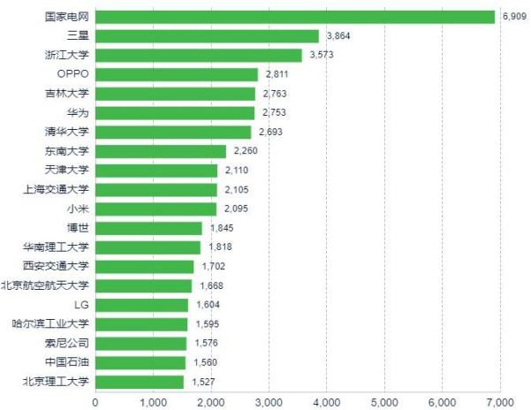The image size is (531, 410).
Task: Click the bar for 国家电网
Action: click(295, 17)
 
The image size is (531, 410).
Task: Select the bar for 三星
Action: click(207, 36)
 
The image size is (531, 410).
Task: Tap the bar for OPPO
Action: click(177, 74)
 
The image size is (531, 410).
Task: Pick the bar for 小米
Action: click(156, 209)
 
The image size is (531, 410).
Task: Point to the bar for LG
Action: click(141, 305)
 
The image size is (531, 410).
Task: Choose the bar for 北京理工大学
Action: click(140, 382)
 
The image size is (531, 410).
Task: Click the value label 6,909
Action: click(513, 17)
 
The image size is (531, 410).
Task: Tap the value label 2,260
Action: click(246, 151)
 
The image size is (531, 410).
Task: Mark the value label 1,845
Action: click(222, 228)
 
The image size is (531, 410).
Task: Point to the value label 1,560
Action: click(205, 362)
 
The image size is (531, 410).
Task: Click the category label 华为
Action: click(78, 113)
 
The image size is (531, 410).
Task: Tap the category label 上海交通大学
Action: click(57, 189)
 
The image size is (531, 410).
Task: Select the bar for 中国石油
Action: click(140, 362)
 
